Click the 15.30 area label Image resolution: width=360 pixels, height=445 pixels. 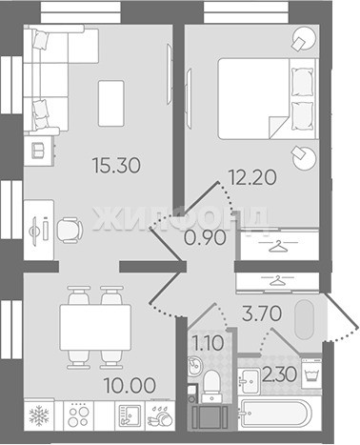pos(116,166)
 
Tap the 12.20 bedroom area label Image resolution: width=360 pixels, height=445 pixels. pos(252,177)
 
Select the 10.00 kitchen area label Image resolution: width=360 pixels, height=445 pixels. pos(130,385)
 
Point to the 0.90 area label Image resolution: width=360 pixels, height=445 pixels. pos(206,238)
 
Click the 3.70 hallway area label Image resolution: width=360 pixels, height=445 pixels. pos(262,314)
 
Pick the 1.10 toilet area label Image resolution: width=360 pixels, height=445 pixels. pos(209,343)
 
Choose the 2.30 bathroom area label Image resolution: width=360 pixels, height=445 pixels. pos(279,374)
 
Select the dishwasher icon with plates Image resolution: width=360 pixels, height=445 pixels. pos(160,415)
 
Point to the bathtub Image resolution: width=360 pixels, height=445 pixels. pos(276,414)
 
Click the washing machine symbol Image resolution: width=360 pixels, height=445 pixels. pos(311,374)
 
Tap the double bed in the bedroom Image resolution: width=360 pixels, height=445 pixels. pos(268,98)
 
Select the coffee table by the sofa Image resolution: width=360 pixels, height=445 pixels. pos(110,103)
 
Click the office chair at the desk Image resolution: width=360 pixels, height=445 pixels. pos(70,231)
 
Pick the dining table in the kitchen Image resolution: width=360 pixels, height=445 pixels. pos(95,328)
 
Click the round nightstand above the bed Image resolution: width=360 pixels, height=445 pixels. pos(304,38)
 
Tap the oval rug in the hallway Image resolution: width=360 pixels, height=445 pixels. pos(304,319)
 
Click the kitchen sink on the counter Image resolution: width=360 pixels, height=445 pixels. pos(130,415)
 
